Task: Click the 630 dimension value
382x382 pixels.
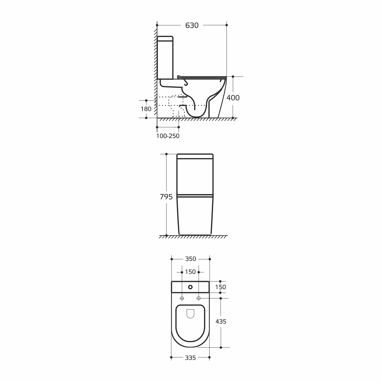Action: coord(192,25)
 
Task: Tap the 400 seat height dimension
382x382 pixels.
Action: coord(233,98)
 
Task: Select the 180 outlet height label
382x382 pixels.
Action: coord(146,109)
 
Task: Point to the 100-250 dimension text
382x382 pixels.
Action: coord(168,136)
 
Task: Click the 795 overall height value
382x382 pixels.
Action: coord(166,197)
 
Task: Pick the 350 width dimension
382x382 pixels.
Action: coord(191,259)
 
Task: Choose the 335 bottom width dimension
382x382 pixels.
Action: coord(190,358)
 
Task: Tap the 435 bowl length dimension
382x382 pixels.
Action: coord(221,322)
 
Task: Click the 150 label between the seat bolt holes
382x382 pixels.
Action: coord(190,272)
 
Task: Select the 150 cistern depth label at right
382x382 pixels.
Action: coord(221,287)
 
